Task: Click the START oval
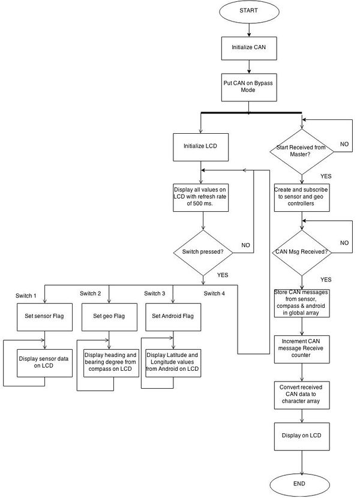(x=249, y=11)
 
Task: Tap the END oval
(x=299, y=485)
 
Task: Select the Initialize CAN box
(x=249, y=48)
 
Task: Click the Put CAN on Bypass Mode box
(x=249, y=88)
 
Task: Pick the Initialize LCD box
(x=200, y=147)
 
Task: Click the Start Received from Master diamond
(x=302, y=151)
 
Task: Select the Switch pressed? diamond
(x=203, y=253)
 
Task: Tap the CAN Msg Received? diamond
(x=302, y=253)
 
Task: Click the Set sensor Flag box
(x=44, y=317)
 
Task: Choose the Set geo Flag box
(x=109, y=317)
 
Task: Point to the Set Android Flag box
(x=173, y=317)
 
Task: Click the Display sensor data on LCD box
(x=44, y=363)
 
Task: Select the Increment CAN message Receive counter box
(x=302, y=349)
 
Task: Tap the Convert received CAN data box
(x=302, y=395)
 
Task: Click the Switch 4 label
(x=214, y=293)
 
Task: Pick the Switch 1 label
(x=26, y=296)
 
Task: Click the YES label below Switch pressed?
(x=223, y=275)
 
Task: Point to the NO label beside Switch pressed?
(x=245, y=245)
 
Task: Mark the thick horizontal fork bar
(x=251, y=113)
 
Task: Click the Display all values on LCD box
(x=201, y=197)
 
